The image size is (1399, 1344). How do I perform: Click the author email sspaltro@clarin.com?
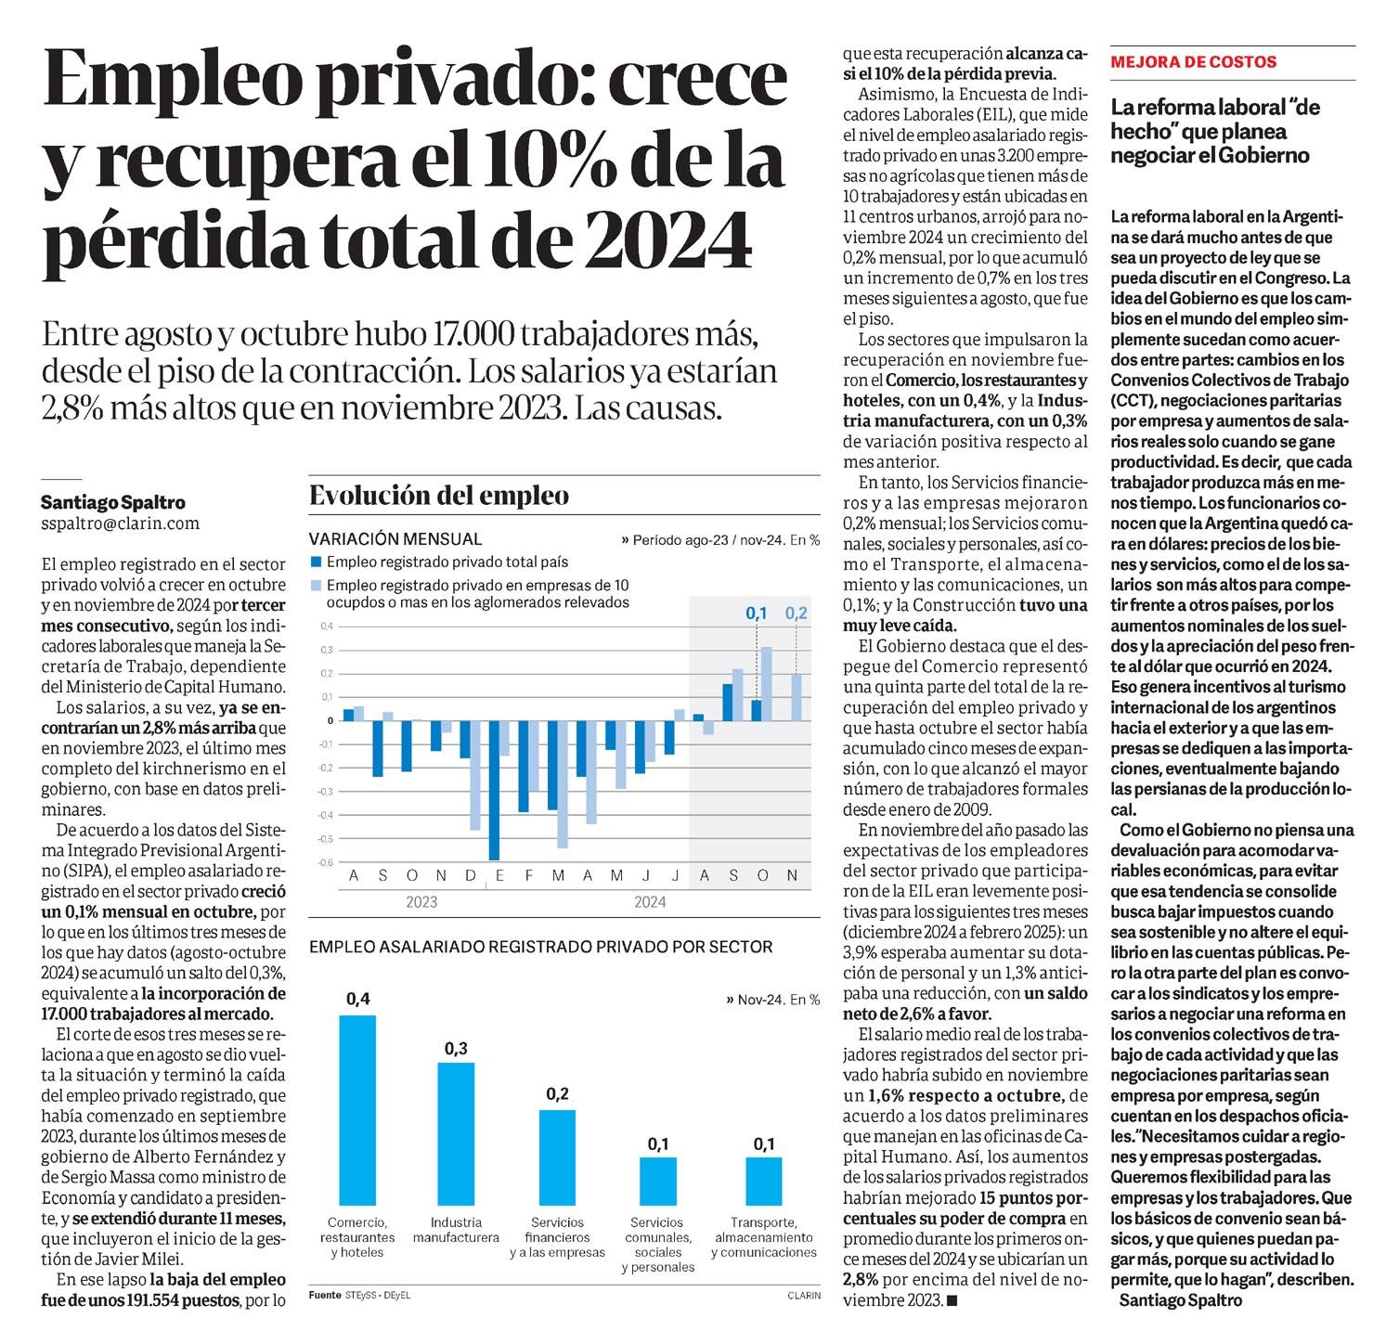(x=120, y=523)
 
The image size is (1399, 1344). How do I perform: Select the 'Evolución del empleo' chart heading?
(x=438, y=496)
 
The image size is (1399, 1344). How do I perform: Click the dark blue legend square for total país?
(x=316, y=562)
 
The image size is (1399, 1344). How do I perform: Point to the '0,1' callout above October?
(x=757, y=613)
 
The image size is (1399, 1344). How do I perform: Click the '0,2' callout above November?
(x=797, y=613)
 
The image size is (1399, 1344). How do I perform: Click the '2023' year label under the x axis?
(x=421, y=902)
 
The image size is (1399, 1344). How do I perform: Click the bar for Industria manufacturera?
(x=456, y=1133)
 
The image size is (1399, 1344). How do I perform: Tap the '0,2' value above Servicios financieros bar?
(x=557, y=1094)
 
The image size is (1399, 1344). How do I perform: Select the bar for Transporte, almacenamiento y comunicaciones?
(x=764, y=1181)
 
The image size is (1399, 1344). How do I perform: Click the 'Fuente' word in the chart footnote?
(x=325, y=1295)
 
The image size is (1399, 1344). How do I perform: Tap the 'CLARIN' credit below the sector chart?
(x=804, y=1296)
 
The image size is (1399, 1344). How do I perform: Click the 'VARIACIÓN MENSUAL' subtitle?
(x=395, y=539)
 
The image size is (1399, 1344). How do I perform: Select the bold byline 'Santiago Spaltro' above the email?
(x=113, y=502)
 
